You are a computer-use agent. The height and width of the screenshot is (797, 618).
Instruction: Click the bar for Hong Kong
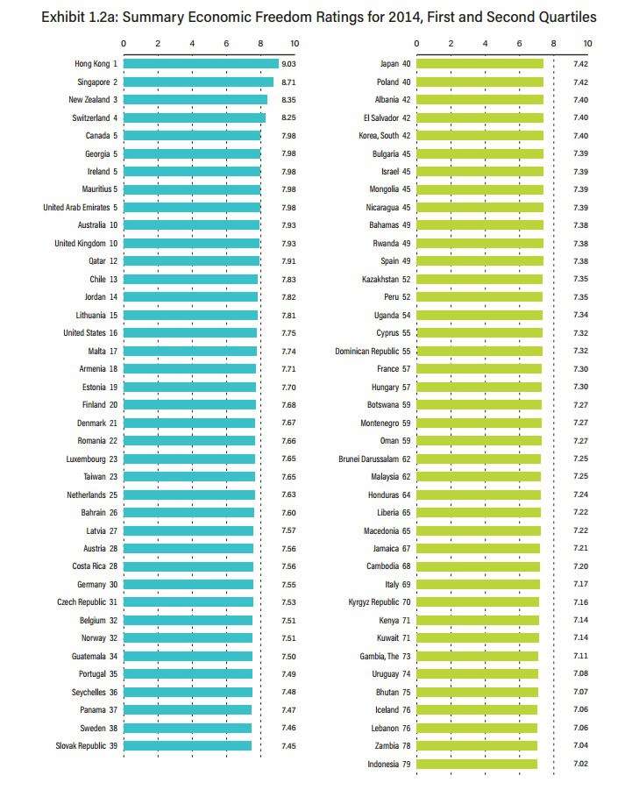[x=201, y=63]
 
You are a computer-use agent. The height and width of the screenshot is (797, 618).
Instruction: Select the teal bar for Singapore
[x=198, y=82]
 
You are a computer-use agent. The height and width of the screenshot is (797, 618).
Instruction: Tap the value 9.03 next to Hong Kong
[x=290, y=63]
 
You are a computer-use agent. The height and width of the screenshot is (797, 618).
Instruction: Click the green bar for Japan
[x=479, y=63]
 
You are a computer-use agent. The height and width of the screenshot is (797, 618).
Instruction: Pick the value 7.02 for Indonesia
[x=580, y=764]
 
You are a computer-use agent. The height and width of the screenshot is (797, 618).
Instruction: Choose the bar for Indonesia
[x=476, y=764]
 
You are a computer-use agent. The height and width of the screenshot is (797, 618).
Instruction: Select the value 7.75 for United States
[x=289, y=333]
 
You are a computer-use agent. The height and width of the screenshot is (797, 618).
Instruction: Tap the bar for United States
[x=190, y=333]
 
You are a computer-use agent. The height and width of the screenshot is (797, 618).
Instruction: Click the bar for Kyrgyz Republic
[x=477, y=602]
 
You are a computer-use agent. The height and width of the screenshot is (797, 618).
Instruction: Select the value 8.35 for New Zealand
[x=289, y=100]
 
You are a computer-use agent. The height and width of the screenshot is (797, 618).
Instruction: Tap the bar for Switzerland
[x=194, y=117]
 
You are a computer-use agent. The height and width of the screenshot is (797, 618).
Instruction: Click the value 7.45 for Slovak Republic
[x=289, y=746]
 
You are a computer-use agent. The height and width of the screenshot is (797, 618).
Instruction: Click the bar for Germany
[x=188, y=585]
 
